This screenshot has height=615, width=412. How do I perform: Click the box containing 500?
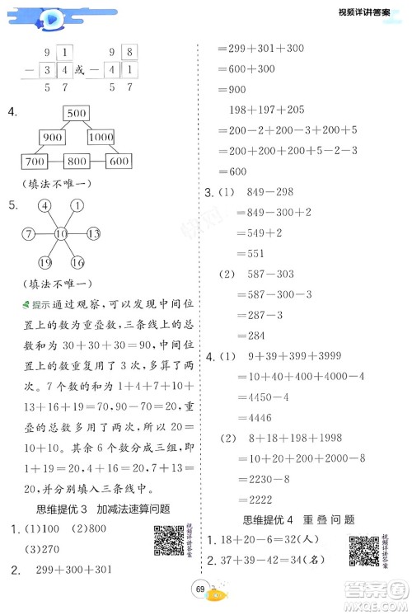77,113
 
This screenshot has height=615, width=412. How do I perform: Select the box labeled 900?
54,137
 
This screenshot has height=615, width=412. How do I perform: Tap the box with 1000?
101,137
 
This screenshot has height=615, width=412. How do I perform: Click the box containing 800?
77,162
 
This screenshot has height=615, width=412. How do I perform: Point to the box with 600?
118,162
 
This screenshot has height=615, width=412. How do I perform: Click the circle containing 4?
43,206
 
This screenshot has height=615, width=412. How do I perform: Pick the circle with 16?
77,264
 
